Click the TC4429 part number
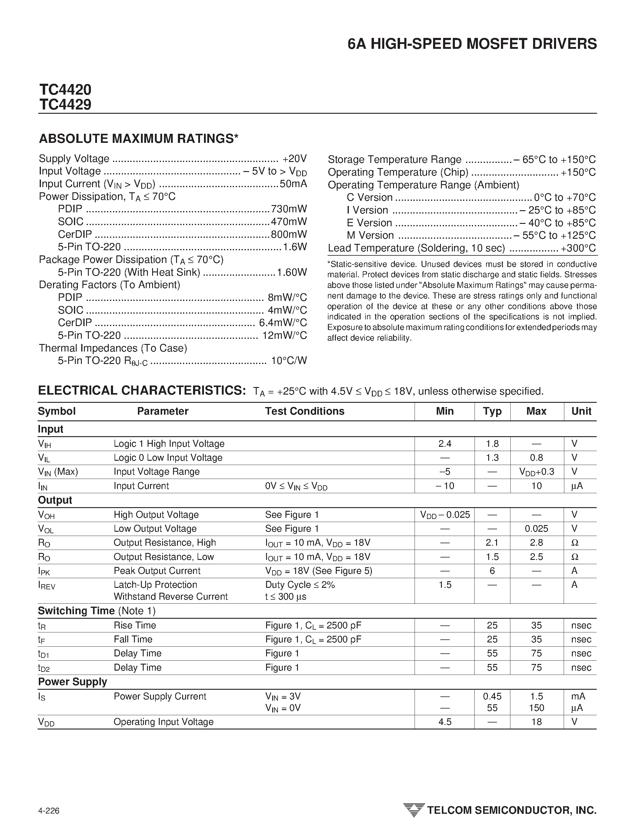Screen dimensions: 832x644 click(x=65, y=104)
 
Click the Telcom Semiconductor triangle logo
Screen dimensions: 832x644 click(x=413, y=810)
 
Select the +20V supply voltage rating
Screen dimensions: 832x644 click(x=295, y=158)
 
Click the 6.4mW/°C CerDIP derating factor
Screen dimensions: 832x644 click(x=283, y=323)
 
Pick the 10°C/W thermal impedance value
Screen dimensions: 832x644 click(x=289, y=360)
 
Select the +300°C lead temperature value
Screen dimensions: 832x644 click(x=578, y=248)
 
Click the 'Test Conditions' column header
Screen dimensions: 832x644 click(x=305, y=411)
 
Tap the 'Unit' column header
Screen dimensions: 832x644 click(x=581, y=411)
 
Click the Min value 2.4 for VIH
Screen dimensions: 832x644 click(x=444, y=443)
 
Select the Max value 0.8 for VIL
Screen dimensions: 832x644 click(x=536, y=457)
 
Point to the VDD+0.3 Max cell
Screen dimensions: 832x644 click(x=537, y=472)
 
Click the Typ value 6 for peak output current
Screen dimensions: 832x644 click(x=492, y=571)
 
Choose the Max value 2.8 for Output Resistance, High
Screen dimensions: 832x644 click(x=536, y=542)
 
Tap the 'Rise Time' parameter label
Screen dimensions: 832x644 click(x=135, y=625)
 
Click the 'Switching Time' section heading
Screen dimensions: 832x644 click(x=76, y=611)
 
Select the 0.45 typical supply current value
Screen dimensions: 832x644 click(x=492, y=696)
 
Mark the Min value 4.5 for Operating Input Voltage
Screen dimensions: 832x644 click(x=444, y=722)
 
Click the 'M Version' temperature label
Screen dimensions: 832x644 click(x=370, y=235)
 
